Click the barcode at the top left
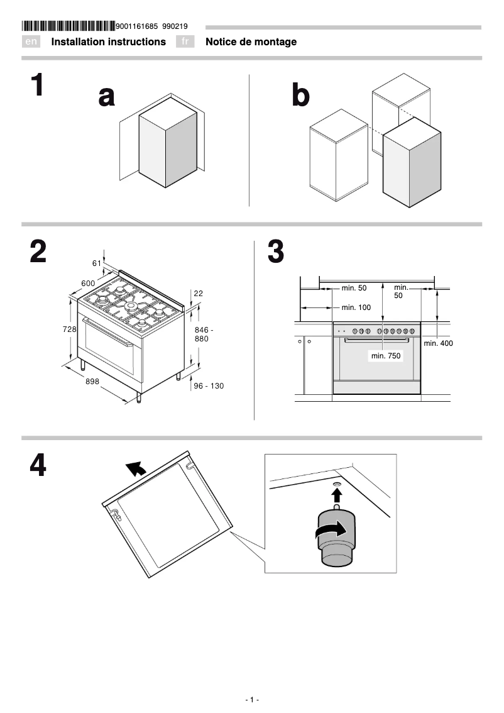click(68, 26)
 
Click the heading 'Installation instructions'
click(108, 42)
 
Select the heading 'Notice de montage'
click(251, 42)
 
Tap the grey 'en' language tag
click(31, 42)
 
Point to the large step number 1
click(38, 86)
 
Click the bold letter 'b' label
click(301, 96)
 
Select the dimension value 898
click(92, 382)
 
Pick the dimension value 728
click(69, 329)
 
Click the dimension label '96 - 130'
click(208, 386)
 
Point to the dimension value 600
click(88, 284)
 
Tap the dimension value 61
click(97, 263)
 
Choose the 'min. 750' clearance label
click(386, 356)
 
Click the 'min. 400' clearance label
click(438, 343)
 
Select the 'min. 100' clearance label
click(356, 307)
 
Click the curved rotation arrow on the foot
click(331, 531)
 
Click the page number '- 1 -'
click(252, 700)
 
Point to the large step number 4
click(38, 466)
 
